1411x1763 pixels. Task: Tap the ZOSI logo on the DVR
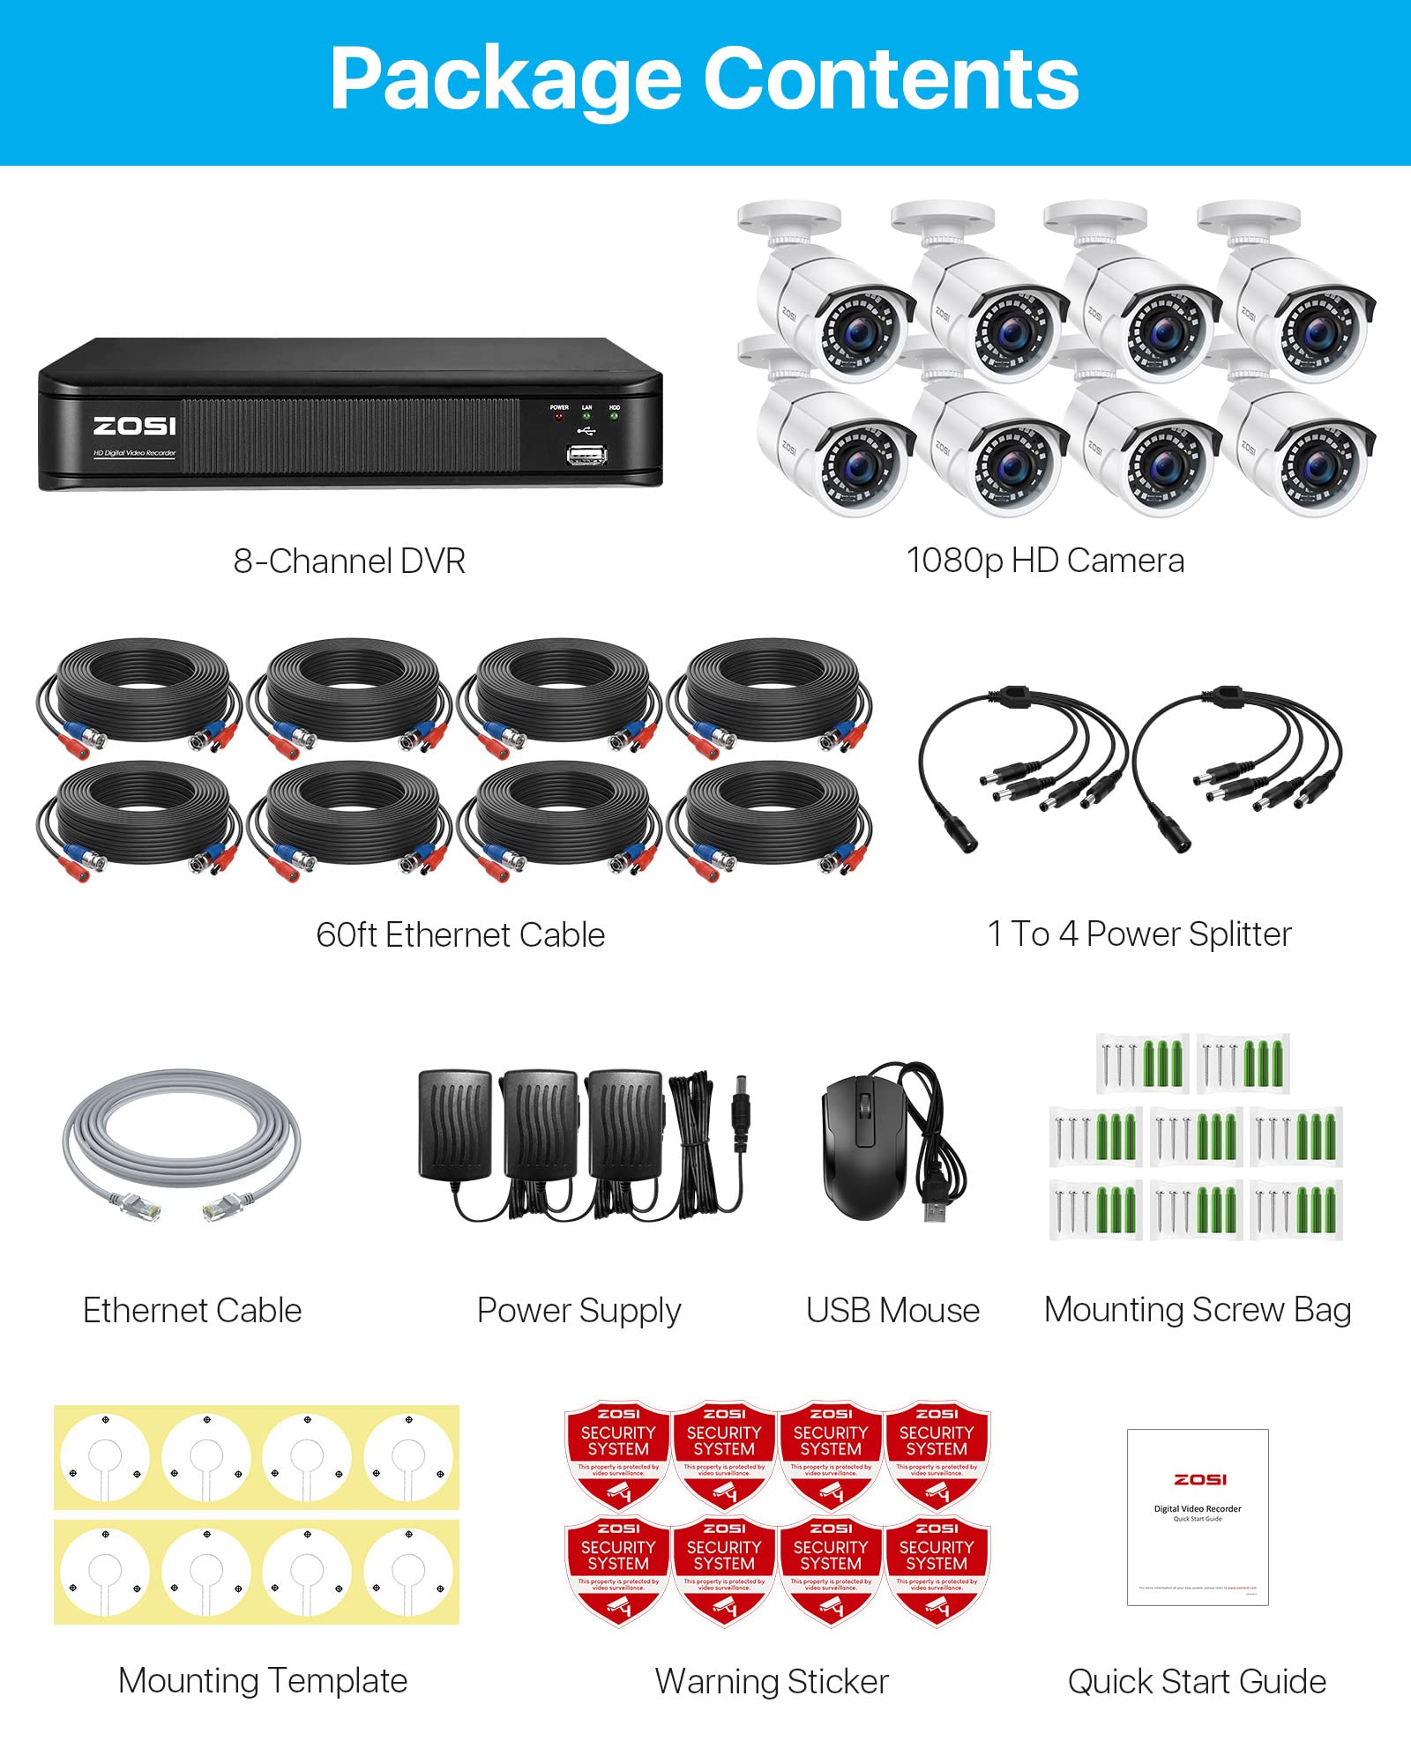pos(135,427)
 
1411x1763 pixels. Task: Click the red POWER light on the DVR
pos(559,416)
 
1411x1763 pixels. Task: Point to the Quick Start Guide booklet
pos(1198,1516)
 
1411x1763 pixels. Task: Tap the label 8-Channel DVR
pos(349,562)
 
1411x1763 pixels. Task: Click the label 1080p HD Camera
pos(1045,561)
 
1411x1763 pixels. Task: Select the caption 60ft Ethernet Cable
pos(460,934)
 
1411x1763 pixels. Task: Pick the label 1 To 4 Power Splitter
pos(1139,934)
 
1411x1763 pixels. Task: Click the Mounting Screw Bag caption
pos(1198,1310)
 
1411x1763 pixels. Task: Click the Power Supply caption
pos(579,1311)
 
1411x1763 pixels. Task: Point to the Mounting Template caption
pos(263,1681)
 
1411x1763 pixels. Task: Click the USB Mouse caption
pos(892,1311)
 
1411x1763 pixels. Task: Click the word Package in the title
pos(504,79)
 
